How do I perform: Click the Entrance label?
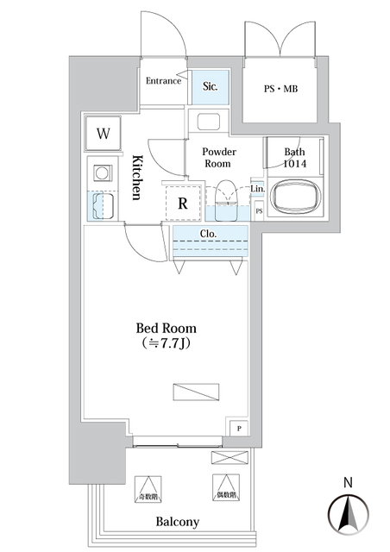tap(162, 81)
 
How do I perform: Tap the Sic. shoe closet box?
tap(210, 87)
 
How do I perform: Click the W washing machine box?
tap(104, 134)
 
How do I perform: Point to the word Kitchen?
tap(136, 178)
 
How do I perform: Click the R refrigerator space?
tap(183, 204)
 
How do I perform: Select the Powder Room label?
tap(220, 157)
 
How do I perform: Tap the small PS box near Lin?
tap(258, 210)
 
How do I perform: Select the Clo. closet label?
tap(208, 233)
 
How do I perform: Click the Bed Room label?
tap(166, 329)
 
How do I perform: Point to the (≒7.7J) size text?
tap(166, 345)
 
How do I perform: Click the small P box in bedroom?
tap(238, 427)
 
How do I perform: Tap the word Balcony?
tap(178, 522)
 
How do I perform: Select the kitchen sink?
tap(103, 205)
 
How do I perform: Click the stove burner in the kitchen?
tap(103, 173)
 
